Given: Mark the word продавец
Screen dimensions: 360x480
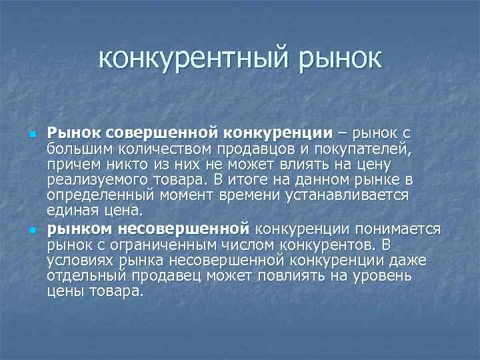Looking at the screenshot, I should point(175,276).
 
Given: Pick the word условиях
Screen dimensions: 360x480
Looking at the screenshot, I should point(79,260).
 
